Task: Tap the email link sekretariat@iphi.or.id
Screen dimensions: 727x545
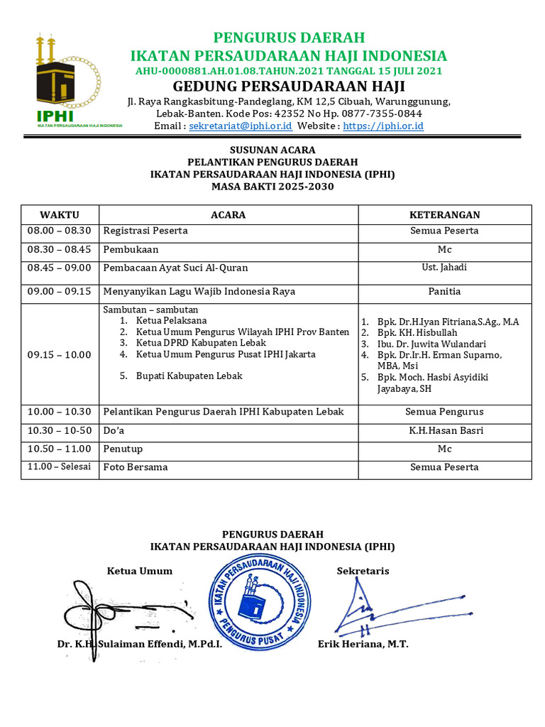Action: (x=241, y=126)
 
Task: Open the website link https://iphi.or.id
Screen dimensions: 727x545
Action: (x=383, y=126)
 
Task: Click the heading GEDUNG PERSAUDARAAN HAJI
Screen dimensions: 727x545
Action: (x=289, y=87)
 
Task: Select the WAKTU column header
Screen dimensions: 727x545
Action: (x=60, y=214)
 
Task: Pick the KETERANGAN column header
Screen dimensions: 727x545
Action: (x=444, y=214)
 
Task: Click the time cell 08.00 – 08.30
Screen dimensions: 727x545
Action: (x=60, y=231)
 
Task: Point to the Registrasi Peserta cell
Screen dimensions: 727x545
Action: (x=145, y=231)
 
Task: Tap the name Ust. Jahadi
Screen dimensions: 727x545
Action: (x=444, y=268)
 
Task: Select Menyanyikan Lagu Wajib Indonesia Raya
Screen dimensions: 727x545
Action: (x=199, y=291)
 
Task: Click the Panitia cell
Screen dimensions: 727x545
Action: (x=444, y=291)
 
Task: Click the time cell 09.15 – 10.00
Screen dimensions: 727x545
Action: (x=60, y=354)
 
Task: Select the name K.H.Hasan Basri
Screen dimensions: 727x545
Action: (x=444, y=430)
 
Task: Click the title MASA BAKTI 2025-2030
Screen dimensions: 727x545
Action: (x=272, y=187)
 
